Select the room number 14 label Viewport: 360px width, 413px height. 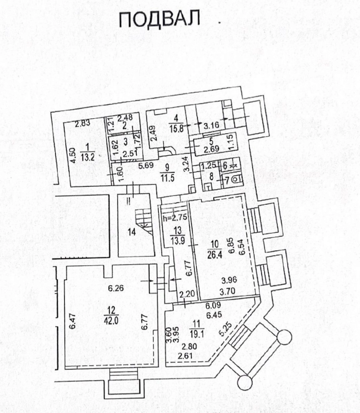(x=132, y=232)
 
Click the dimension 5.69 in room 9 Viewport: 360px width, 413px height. (x=146, y=165)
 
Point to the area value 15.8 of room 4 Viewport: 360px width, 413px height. (x=176, y=129)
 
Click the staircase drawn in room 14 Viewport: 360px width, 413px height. (x=144, y=221)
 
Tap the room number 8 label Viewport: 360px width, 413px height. (x=211, y=177)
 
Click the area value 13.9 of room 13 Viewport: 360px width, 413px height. (x=178, y=241)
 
